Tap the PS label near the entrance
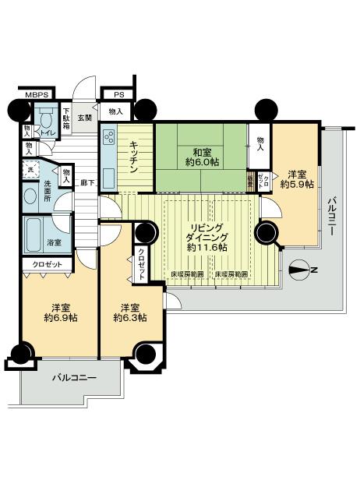[x=118, y=95]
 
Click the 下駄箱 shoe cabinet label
[x=68, y=118]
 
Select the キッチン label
[x=135, y=155]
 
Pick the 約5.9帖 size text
[x=298, y=185]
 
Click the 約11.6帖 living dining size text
[x=206, y=247]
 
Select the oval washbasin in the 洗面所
[x=30, y=196]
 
